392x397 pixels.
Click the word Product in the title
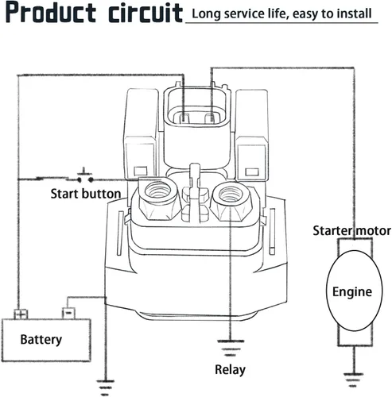(50, 13)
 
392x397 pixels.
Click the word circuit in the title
(146, 13)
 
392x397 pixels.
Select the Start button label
(86, 194)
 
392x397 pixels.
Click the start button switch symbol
(85, 176)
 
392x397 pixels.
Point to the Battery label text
(41, 340)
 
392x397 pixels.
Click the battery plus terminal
(21, 314)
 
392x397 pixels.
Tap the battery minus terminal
(68, 313)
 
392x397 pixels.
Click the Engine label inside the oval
(352, 292)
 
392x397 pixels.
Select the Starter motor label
(351, 230)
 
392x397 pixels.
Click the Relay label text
(230, 370)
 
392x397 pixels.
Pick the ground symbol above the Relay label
(231, 348)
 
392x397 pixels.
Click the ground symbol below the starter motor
(353, 380)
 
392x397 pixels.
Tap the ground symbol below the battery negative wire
(105, 387)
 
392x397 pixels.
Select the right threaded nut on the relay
(231, 201)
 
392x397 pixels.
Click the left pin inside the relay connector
(184, 118)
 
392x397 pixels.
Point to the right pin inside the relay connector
(211, 118)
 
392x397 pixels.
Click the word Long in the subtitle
(206, 13)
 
